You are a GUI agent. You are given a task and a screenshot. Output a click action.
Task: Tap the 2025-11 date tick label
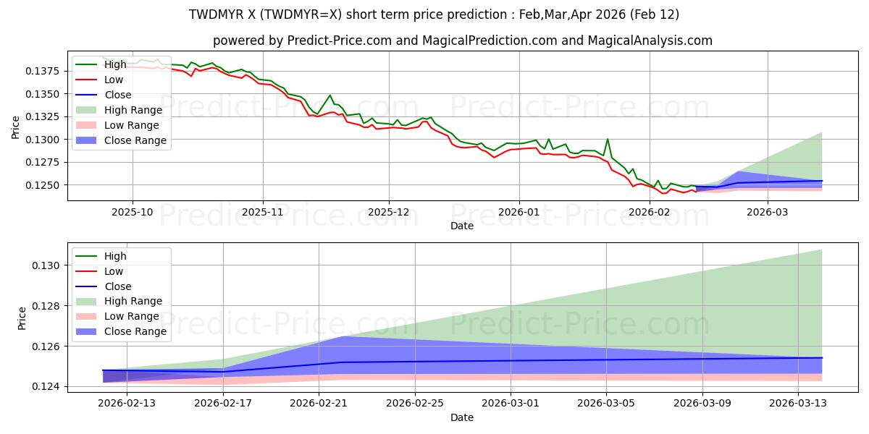click(262, 212)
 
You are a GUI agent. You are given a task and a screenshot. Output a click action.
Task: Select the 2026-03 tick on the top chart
click(767, 212)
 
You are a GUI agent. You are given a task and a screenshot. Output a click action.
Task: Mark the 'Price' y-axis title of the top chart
click(16, 127)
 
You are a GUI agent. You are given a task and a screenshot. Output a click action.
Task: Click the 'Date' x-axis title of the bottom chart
click(462, 417)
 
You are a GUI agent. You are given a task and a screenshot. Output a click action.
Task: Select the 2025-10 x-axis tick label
click(133, 212)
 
